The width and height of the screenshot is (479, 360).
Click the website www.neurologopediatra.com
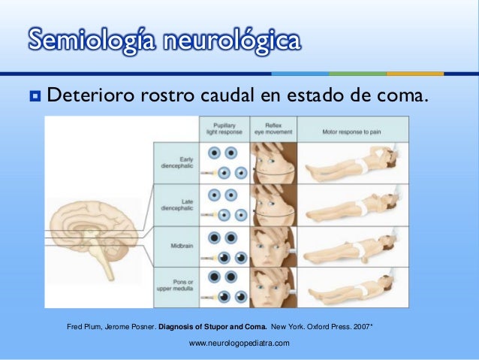tap(239, 343)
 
